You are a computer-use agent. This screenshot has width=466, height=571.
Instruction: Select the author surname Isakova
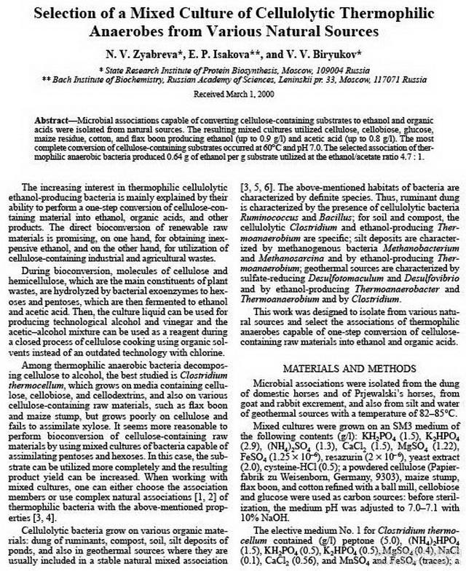pyautogui.click(x=243, y=52)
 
